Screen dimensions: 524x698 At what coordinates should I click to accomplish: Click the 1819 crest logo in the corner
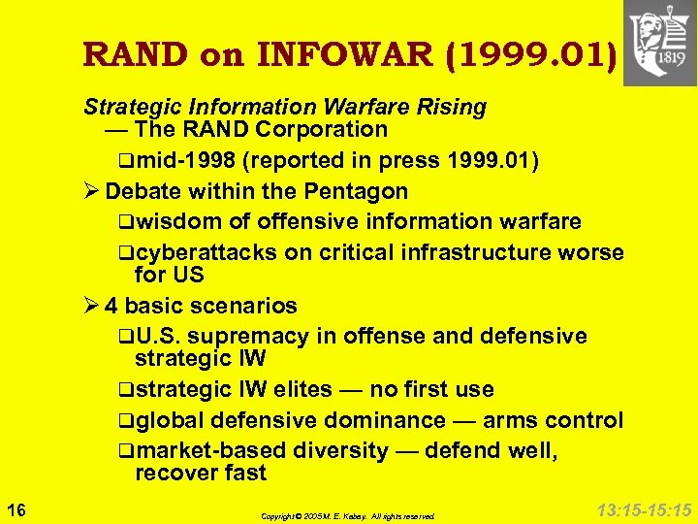click(x=659, y=44)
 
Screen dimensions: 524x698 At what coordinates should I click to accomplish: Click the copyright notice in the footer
click(x=348, y=516)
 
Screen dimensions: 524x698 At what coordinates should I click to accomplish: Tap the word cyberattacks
click(x=206, y=253)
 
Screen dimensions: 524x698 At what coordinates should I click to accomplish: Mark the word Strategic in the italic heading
click(x=126, y=106)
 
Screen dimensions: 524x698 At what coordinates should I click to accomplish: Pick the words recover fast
click(x=200, y=474)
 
